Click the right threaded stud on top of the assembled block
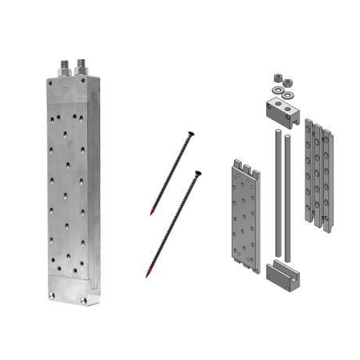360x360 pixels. click(x=81, y=64)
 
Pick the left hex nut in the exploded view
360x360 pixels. click(x=276, y=78)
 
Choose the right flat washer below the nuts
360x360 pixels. click(x=290, y=94)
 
